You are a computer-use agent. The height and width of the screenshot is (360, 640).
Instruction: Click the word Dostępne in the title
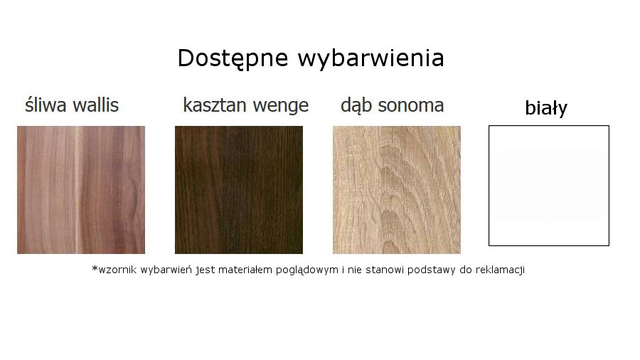233,58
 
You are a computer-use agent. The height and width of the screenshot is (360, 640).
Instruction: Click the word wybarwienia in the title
370,58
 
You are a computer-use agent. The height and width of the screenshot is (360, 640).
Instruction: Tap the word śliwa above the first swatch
46,105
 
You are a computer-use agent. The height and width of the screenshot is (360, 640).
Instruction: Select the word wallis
95,105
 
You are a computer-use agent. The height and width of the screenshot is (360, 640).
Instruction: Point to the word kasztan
214,105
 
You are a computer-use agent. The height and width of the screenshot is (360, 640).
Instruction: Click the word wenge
280,107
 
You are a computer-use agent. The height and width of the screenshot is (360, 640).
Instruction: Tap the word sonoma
410,106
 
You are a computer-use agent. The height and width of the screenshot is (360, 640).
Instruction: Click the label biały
546,108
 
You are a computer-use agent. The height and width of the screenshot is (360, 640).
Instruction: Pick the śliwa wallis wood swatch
81,190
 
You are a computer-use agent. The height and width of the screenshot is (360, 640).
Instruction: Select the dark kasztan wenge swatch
239,190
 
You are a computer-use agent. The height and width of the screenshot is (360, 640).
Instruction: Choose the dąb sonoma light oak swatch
396,190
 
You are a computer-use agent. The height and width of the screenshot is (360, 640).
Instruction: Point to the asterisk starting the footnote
95,268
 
